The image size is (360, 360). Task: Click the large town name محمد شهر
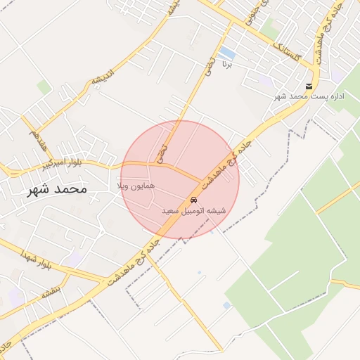(57, 189)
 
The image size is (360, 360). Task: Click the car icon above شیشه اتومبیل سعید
(193, 200)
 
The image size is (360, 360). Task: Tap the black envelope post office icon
(308, 86)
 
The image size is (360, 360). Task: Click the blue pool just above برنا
(226, 53)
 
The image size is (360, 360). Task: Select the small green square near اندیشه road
(44, 87)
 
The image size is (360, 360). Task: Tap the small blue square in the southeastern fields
(226, 305)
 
